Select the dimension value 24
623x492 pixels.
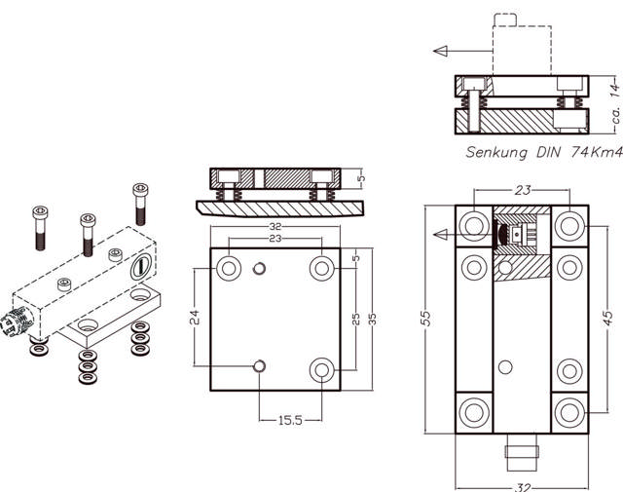pos(195,317)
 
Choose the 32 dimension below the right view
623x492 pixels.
pos(523,487)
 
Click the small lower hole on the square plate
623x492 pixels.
pos(258,365)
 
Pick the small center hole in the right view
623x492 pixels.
pos(503,367)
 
